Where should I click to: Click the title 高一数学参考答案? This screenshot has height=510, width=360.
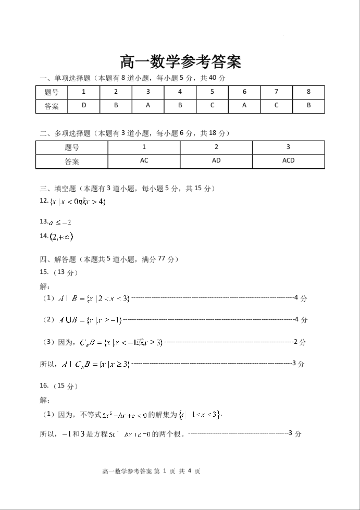[x=180, y=63]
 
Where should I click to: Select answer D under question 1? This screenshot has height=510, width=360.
[x=84, y=106]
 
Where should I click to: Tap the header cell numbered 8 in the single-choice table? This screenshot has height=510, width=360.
[x=308, y=92]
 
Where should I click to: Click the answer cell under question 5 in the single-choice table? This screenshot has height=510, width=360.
[x=212, y=106]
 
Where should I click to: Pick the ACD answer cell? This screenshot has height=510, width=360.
[x=288, y=161]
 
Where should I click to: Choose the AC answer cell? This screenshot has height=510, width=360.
[x=144, y=161]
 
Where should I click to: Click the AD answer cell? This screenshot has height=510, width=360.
[x=216, y=161]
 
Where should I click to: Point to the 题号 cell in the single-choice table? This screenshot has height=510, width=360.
[x=52, y=92]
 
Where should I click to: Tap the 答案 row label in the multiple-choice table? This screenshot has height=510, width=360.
[x=72, y=161]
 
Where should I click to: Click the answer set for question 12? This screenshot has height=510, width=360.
[x=78, y=201]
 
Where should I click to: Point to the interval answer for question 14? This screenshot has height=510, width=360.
[x=61, y=237]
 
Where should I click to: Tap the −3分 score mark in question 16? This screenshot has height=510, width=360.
[x=295, y=433]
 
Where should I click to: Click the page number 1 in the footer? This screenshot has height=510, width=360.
[x=164, y=471]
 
